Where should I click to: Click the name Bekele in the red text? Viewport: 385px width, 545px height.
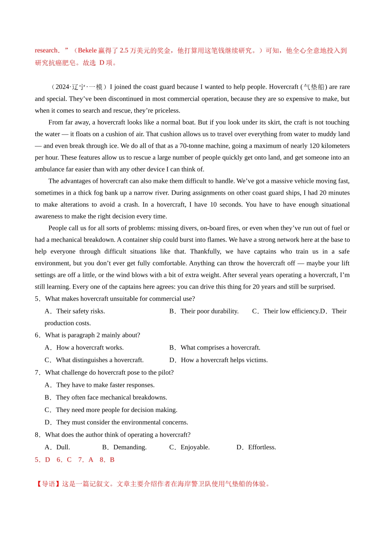tap(87, 51)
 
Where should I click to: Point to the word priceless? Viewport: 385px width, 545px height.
tap(165, 110)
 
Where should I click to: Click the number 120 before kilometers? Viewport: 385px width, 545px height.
tap(314, 146)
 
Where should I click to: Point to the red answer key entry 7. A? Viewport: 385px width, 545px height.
tap(86, 460)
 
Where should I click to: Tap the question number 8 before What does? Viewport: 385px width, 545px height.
tap(37, 435)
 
